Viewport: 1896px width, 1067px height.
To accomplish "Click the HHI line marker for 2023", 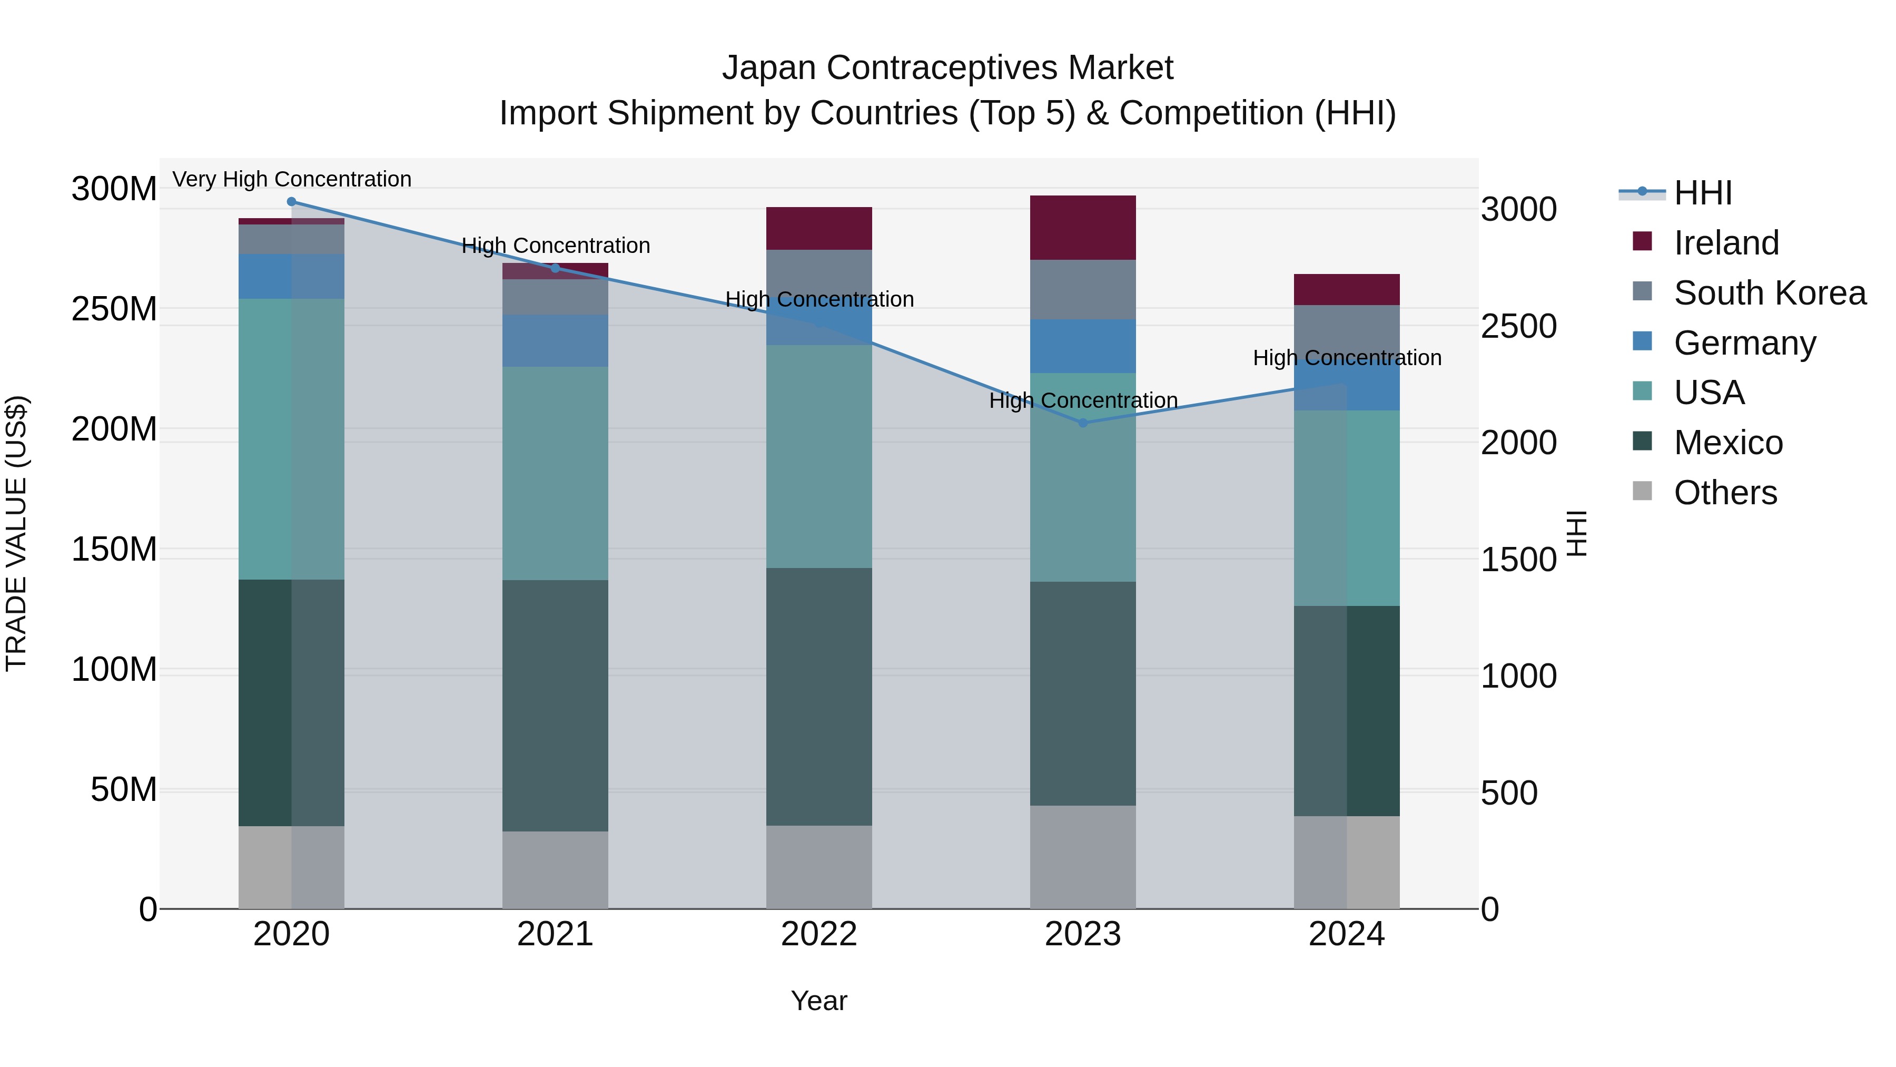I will (x=1083, y=423).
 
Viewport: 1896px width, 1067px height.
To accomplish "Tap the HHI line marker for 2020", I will (x=291, y=201).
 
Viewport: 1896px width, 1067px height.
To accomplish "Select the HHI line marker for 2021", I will (x=555, y=267).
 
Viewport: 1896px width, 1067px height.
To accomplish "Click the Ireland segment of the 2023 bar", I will (x=1083, y=228).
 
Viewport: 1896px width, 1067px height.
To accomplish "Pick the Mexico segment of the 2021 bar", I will (x=555, y=706).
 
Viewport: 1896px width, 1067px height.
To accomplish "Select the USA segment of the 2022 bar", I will (x=818, y=456).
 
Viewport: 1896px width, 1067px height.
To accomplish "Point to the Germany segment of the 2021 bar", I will (x=555, y=340).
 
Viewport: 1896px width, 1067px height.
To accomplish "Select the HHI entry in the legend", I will (x=1702, y=193).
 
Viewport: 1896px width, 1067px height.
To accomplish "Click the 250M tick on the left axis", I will (x=114, y=309).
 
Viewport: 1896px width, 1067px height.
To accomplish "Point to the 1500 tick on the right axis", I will (x=1518, y=560).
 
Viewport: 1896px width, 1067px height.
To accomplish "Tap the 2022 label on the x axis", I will (x=818, y=934).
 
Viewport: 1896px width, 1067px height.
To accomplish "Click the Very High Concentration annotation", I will (x=291, y=179).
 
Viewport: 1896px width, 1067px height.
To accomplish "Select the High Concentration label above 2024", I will (x=1346, y=358).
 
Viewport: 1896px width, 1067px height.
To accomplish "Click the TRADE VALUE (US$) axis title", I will (x=16, y=533).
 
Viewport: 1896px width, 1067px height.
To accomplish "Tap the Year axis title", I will (x=818, y=1001).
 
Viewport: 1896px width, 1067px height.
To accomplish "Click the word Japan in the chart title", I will (x=768, y=68).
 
